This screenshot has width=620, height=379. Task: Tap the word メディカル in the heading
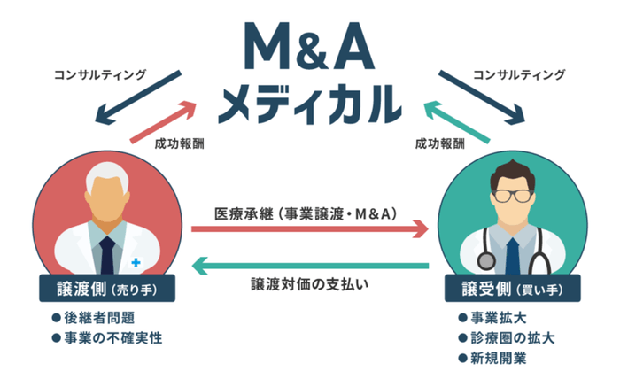[309, 102]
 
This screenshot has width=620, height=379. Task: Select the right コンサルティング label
[518, 74]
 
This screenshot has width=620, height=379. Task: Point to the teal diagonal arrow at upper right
[455, 122]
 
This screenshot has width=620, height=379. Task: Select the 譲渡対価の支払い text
[309, 284]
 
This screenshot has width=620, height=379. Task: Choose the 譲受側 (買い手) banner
[513, 289]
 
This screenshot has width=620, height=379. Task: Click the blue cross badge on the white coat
[136, 262]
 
